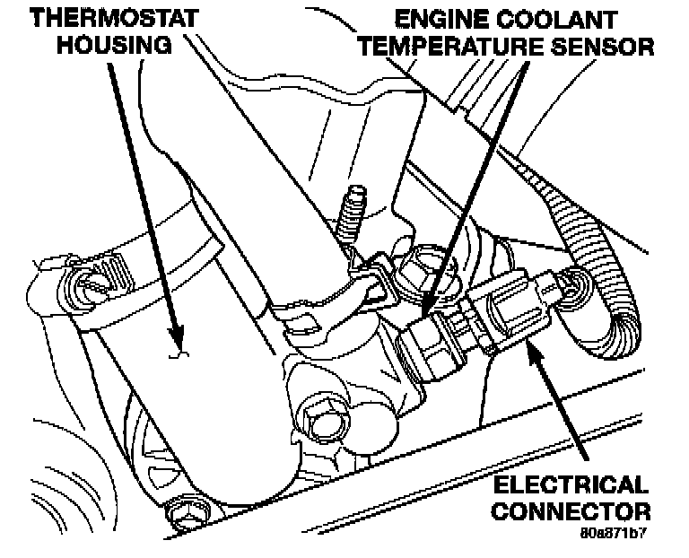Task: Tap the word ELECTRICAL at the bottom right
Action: click(x=571, y=487)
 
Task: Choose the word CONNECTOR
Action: click(x=571, y=512)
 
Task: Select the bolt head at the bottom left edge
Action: click(x=192, y=510)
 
